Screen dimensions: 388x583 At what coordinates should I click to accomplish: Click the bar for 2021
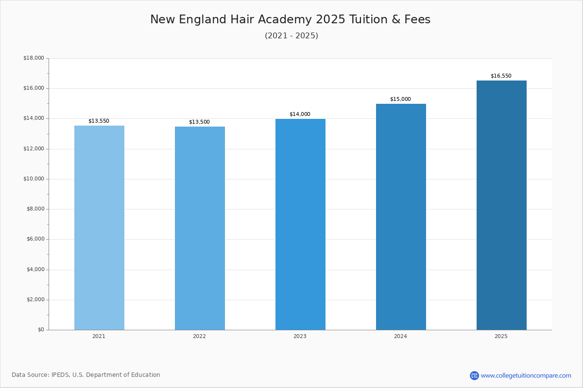(99, 227)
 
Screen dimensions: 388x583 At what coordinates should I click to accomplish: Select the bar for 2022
(200, 228)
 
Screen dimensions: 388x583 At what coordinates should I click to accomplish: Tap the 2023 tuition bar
(300, 224)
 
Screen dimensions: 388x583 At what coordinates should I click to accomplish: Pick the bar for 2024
(401, 217)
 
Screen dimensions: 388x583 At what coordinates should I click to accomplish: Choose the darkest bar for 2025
(501, 205)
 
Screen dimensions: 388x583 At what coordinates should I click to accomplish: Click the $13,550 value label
(99, 121)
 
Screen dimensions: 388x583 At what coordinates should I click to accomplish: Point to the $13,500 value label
(199, 122)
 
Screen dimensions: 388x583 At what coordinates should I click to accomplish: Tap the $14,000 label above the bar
(300, 114)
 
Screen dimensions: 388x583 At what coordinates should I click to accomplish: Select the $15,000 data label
(400, 99)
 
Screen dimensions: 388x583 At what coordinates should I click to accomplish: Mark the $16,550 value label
(501, 76)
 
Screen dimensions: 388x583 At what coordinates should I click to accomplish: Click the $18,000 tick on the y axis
(34, 58)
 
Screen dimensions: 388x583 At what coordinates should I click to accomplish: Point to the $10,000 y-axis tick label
(34, 179)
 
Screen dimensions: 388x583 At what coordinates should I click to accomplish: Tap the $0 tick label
(41, 330)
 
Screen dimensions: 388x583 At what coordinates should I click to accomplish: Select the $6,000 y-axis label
(35, 239)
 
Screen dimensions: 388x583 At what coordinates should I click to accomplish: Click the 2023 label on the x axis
(300, 337)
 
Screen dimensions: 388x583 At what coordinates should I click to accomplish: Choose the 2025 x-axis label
(501, 337)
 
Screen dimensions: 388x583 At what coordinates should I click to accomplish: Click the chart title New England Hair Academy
(290, 20)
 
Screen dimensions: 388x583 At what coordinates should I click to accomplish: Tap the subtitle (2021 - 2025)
(291, 36)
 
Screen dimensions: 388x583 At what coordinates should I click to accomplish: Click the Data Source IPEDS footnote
(86, 375)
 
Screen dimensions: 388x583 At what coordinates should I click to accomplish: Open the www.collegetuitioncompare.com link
(526, 375)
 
